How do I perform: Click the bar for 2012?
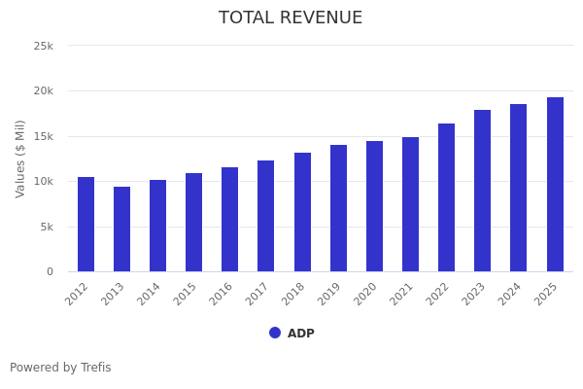pos(86,225)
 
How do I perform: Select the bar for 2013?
pos(121,230)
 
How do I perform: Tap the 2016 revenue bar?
pos(229,220)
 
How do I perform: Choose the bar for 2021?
pos(410,204)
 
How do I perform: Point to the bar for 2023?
pos(482,191)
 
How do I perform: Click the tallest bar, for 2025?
pos(555,185)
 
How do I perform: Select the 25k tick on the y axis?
pos(43,46)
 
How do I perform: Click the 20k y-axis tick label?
pos(43,91)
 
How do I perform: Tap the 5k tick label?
pos(46,227)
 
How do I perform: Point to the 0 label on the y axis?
pos(50,272)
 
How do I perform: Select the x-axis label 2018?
pos(294,295)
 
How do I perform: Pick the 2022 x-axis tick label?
pos(439,295)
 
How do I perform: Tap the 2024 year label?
pos(511,295)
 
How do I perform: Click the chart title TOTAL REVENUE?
pos(291,18)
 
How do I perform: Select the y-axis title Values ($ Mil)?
pos(20,159)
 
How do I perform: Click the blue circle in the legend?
pos(275,333)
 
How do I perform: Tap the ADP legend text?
pos(300,334)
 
